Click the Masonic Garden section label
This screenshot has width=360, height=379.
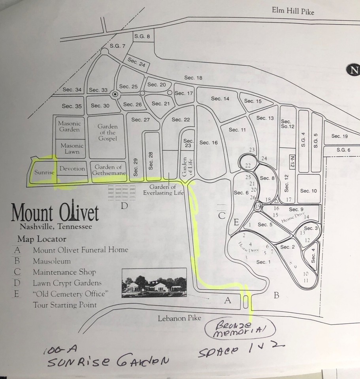click(x=70, y=126)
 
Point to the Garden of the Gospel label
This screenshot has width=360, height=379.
click(x=107, y=133)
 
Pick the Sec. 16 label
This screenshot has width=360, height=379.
click(x=208, y=143)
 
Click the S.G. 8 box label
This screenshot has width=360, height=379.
click(x=142, y=36)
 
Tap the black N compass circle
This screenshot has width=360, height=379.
click(x=353, y=70)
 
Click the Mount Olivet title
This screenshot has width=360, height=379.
click(x=55, y=213)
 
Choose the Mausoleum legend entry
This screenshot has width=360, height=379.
click(x=52, y=261)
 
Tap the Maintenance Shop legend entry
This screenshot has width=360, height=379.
click(x=64, y=272)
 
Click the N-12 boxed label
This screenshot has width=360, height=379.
click(x=292, y=161)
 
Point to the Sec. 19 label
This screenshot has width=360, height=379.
click(x=339, y=136)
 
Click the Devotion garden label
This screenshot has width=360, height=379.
click(x=72, y=169)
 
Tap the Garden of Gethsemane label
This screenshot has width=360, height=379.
click(x=108, y=170)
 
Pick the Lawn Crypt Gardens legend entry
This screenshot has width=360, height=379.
click(x=67, y=283)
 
